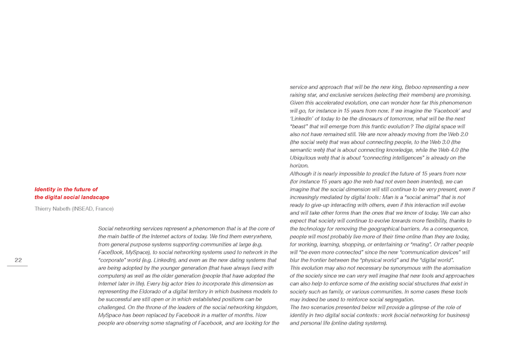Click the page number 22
pos(19,260)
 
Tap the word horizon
pos(300,166)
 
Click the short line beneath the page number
pos(18,266)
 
